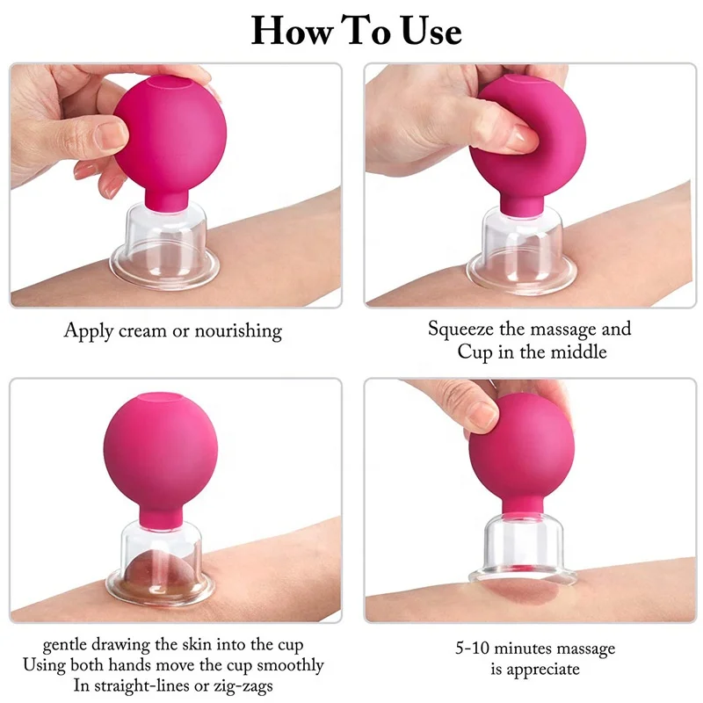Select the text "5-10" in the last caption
click(x=475, y=649)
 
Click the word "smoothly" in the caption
click(x=286, y=665)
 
